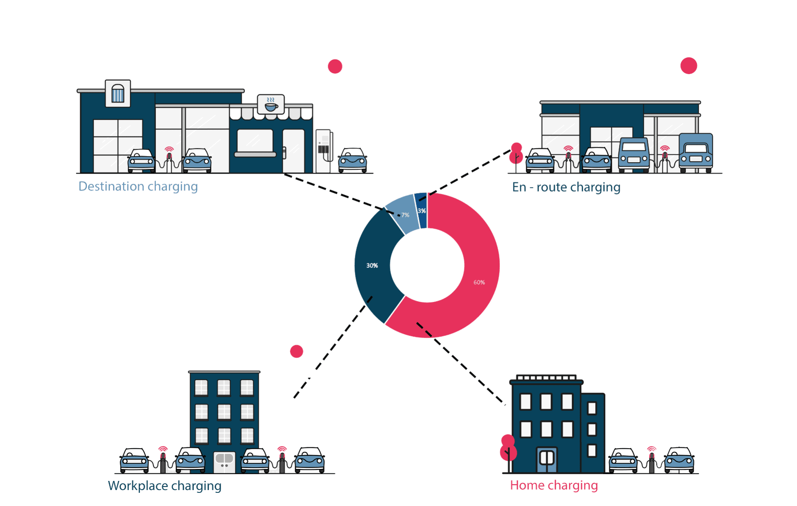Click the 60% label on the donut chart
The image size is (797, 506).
click(479, 282)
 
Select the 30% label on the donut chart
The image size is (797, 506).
click(372, 266)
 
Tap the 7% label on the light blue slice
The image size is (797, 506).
click(405, 215)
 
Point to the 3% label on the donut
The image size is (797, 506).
click(422, 211)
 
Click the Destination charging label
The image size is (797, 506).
click(138, 187)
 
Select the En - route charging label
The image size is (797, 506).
click(566, 187)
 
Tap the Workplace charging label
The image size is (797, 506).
click(164, 486)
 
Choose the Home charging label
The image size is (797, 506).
click(554, 485)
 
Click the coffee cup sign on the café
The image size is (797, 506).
click(271, 104)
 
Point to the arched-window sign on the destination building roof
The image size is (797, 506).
click(118, 93)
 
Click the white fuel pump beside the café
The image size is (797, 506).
click(324, 151)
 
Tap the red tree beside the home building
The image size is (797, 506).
click(508, 451)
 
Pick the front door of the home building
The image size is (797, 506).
click(547, 459)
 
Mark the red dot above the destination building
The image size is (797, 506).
click(335, 66)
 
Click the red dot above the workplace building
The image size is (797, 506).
click(296, 351)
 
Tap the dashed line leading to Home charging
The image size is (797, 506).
click(462, 364)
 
